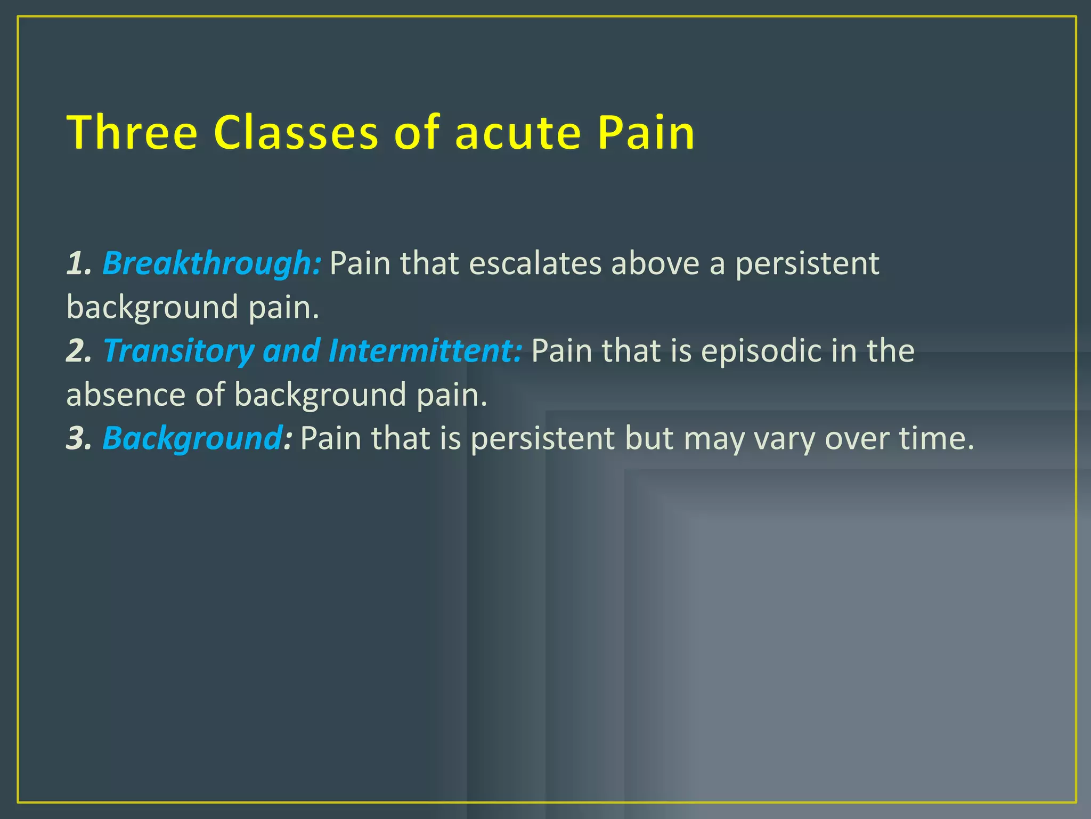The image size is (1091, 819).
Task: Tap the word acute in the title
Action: [x=517, y=133]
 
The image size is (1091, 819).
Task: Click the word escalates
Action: [x=535, y=263]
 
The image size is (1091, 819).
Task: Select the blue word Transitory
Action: [x=178, y=351]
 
